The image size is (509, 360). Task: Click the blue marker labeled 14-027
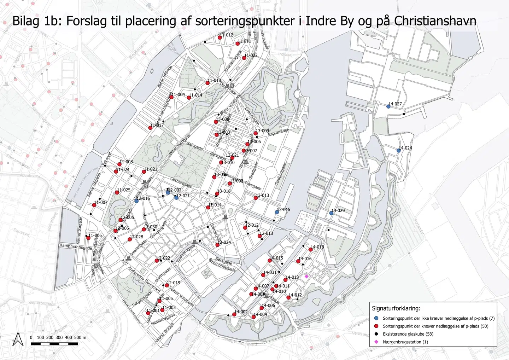[388, 106]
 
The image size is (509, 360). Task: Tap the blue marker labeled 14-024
[399, 150]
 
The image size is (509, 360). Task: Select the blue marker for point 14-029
[331, 213]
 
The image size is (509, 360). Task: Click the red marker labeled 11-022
[244, 58]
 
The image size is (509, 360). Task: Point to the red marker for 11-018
[207, 83]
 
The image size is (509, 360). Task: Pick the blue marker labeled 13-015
[277, 212]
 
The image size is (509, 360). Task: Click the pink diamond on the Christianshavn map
[306, 276]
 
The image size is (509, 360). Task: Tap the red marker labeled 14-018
[310, 250]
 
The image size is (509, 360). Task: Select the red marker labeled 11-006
[88, 238]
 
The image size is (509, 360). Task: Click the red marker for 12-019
[167, 285]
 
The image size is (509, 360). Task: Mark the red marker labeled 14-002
[234, 314]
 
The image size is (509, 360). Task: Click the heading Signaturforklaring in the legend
[396, 308]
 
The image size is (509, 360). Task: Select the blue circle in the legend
[376, 318]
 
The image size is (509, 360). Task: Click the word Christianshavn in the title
[435, 21]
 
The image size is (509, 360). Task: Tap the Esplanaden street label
[279, 132]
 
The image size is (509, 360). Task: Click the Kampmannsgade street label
[75, 246]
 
